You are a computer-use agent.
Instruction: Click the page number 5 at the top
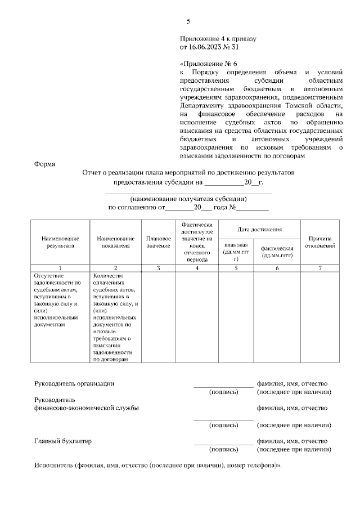click(188, 22)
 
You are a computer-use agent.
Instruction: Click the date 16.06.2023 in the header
click(207, 47)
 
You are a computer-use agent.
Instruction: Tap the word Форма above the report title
click(44, 164)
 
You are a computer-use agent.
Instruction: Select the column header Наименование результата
click(60, 242)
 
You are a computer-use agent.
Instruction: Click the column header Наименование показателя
click(115, 242)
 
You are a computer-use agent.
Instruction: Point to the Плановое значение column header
click(158, 242)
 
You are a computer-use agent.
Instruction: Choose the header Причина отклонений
click(320, 242)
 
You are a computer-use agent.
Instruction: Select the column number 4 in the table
click(197, 268)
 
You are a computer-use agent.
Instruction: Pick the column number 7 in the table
click(320, 268)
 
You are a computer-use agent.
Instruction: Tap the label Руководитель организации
click(74, 383)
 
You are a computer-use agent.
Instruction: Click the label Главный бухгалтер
click(63, 441)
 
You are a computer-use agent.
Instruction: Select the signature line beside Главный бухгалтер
click(223, 444)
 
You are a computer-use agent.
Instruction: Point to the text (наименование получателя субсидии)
click(188, 199)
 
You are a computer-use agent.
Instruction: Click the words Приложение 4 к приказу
click(218, 39)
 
